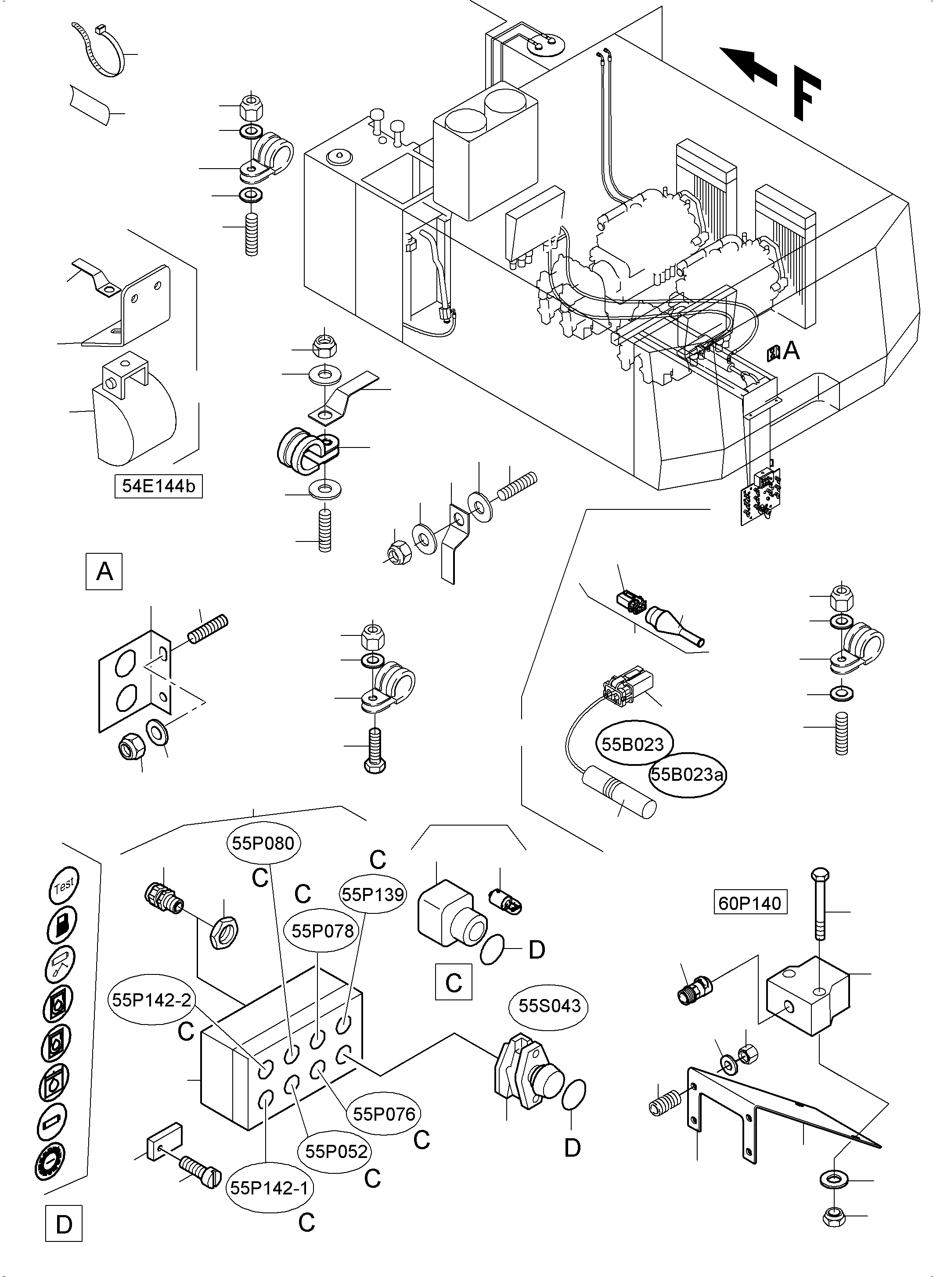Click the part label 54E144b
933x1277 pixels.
158,486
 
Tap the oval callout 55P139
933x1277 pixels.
373,894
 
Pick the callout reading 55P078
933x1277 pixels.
322,931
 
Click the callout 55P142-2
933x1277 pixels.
151,1000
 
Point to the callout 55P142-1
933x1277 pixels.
270,1188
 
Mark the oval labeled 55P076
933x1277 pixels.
384,1114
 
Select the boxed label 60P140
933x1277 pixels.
750,903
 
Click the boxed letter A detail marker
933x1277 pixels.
104,572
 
